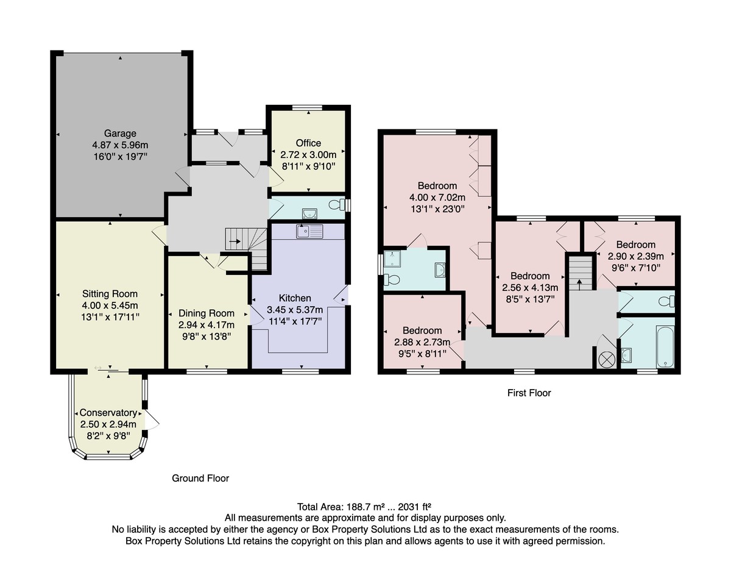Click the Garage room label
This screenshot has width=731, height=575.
click(x=120, y=134)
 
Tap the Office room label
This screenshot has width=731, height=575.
click(x=308, y=143)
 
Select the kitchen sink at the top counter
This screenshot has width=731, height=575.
click(x=309, y=232)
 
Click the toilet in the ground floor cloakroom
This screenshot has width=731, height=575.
click(x=337, y=205)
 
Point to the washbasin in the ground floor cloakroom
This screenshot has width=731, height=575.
click(x=309, y=213)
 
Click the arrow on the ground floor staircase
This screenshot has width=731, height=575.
click(x=235, y=241)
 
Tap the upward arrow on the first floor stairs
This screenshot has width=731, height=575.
click(x=579, y=285)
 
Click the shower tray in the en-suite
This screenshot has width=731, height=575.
click(x=392, y=259)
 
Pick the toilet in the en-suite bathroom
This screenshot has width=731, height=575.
click(x=392, y=279)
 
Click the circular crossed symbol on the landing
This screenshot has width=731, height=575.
click(x=606, y=360)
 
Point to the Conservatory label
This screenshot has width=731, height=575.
click(x=108, y=413)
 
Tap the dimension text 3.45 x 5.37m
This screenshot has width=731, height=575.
click(x=295, y=310)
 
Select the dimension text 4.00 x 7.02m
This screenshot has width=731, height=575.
click(x=437, y=198)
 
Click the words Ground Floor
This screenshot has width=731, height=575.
click(x=200, y=479)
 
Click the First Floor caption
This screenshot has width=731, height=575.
click(x=529, y=393)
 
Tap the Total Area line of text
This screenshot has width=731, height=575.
click(x=364, y=507)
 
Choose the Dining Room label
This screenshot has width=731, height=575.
click(x=207, y=313)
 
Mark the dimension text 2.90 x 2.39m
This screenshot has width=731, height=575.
click(x=636, y=257)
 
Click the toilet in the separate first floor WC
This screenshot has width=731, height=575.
click(x=667, y=301)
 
